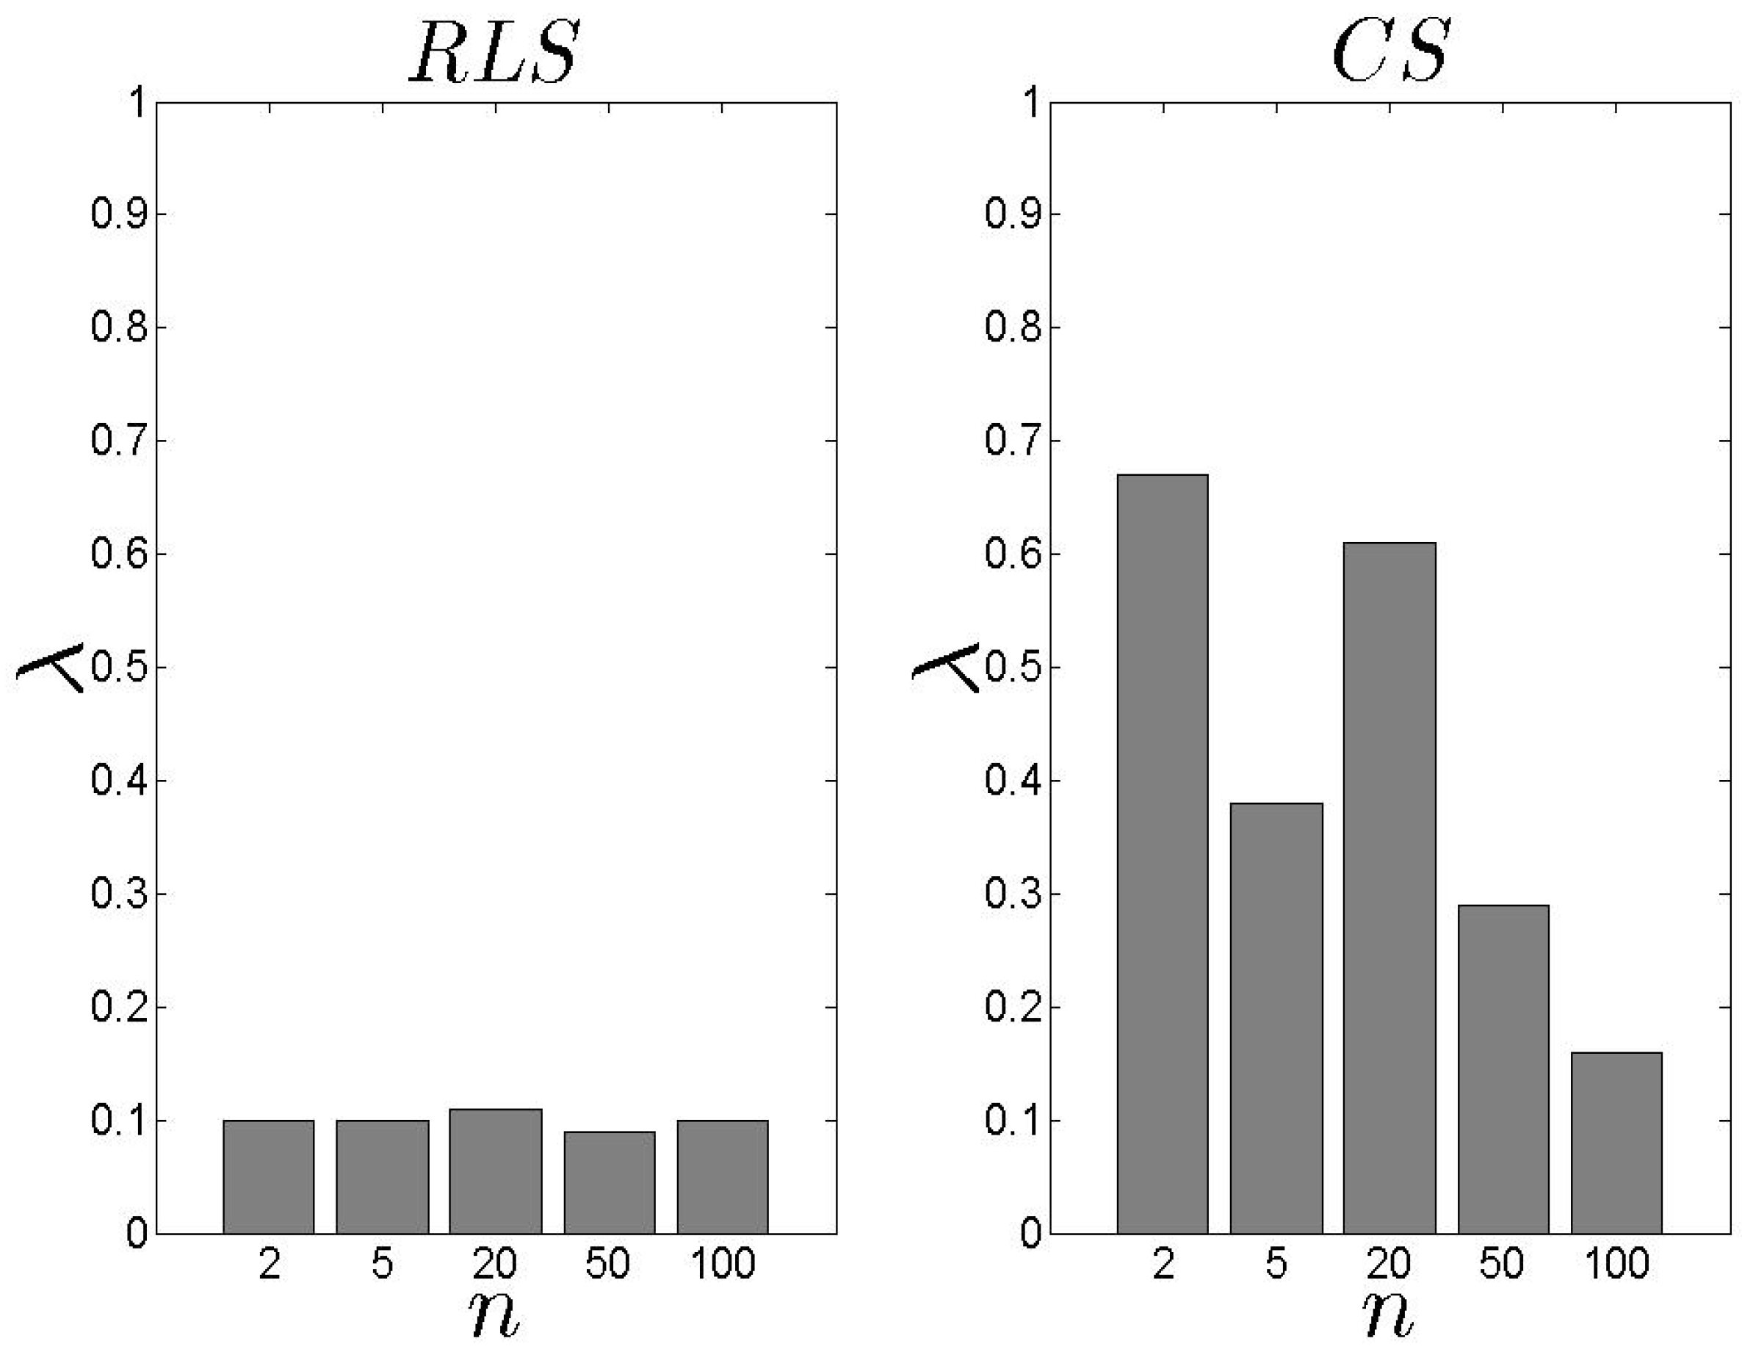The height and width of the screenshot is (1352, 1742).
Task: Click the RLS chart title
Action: [493, 53]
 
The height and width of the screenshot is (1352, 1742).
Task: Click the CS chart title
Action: [1389, 53]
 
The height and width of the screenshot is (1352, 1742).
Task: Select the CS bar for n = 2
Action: [1162, 853]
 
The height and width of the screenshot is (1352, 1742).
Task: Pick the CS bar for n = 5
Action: [1276, 1018]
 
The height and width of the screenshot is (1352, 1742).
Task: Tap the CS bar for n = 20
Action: [1389, 887]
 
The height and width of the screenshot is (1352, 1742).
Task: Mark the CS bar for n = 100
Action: [1616, 1142]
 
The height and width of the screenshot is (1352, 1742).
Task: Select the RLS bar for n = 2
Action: [269, 1176]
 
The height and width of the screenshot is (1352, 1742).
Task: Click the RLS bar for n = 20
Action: [495, 1171]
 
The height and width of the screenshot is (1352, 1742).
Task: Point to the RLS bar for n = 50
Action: [610, 1182]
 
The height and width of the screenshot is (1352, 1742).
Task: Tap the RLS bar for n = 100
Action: [723, 1176]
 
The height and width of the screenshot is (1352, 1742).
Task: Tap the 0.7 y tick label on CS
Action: [1013, 441]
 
